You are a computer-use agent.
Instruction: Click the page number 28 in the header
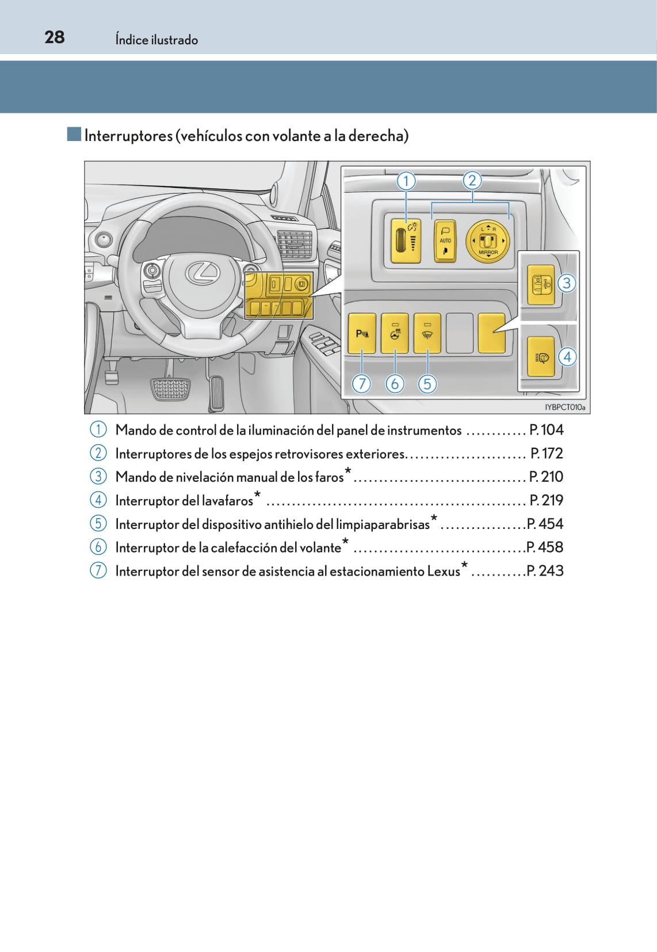pos(54,37)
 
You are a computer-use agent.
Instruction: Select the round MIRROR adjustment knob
pos(487,241)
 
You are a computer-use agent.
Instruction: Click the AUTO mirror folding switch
pos(445,241)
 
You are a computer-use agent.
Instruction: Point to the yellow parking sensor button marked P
pos(362,334)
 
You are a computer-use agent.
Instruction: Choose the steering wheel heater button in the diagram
pos(395,334)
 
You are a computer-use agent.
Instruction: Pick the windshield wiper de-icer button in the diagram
pos(427,334)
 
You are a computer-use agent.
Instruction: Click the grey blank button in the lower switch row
pos(460,333)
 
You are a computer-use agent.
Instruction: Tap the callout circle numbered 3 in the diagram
pos(567,283)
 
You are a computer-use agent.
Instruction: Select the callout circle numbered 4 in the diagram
pos(567,357)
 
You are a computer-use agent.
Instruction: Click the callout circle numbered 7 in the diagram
pos(361,384)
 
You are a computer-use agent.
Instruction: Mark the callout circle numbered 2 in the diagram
pos(472,181)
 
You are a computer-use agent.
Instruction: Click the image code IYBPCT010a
pos(565,407)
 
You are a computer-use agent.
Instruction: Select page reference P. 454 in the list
pos(545,524)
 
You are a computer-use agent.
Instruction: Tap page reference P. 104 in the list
pos(547,430)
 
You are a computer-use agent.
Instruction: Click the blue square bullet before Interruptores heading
pos(74,134)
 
